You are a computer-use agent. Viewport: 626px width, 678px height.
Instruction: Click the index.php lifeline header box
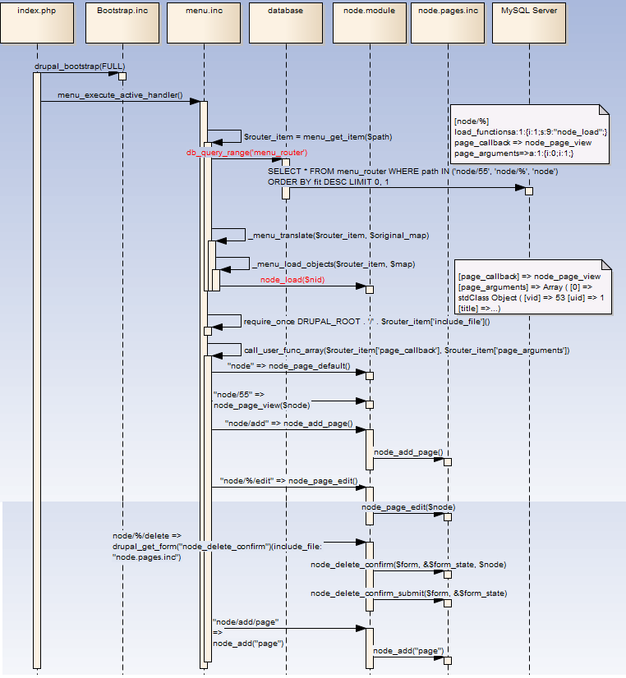point(35,22)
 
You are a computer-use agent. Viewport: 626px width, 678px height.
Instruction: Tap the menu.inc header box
point(201,22)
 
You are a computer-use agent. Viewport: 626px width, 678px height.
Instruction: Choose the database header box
point(285,22)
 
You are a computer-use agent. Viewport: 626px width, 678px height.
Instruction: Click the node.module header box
point(368,22)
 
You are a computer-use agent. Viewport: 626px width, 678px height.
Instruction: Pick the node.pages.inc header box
point(448,22)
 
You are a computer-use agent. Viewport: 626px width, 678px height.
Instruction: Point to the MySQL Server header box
point(528,22)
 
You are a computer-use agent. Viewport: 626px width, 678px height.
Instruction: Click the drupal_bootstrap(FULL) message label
point(80,66)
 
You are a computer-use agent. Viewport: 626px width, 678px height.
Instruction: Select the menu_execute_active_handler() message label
point(120,95)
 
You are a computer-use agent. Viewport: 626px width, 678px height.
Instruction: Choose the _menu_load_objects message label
point(333,264)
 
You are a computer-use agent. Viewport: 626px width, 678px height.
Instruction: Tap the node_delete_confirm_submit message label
point(408,593)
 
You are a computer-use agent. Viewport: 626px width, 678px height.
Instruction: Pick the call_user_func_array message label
point(407,350)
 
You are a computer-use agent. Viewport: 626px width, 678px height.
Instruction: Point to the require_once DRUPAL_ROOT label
point(366,321)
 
